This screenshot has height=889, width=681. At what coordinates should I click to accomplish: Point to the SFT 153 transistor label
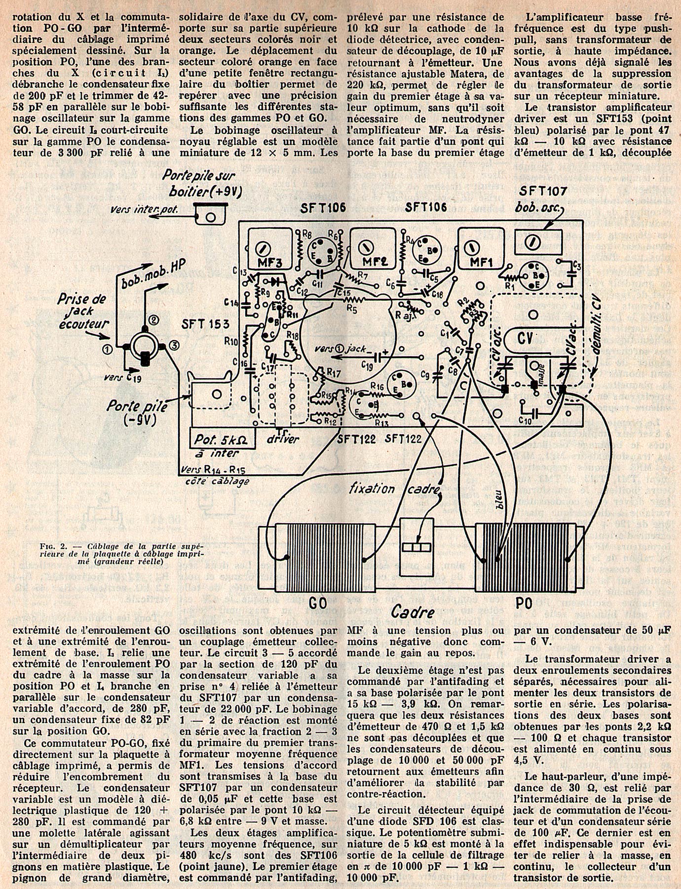tap(205, 324)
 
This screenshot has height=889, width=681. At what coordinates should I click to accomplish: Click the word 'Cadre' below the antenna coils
tap(413, 612)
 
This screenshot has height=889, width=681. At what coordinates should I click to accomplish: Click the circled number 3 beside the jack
tap(174, 346)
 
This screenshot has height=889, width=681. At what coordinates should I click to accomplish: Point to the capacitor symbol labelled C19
tap(380, 357)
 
